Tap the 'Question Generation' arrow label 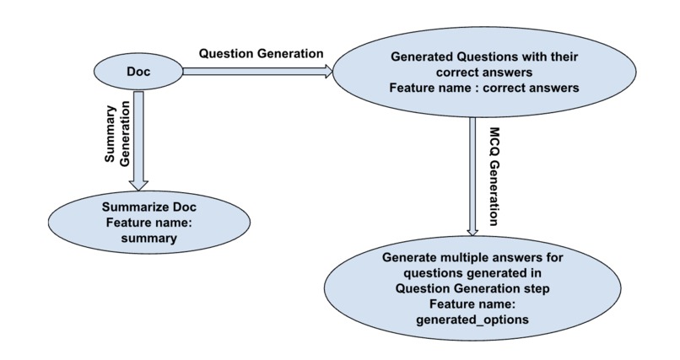tap(261, 53)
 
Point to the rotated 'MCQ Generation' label tap(495, 177)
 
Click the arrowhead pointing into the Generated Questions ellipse tap(327, 73)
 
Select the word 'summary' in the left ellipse tap(144, 239)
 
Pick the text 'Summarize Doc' tap(144, 207)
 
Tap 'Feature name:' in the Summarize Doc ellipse tap(144, 223)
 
